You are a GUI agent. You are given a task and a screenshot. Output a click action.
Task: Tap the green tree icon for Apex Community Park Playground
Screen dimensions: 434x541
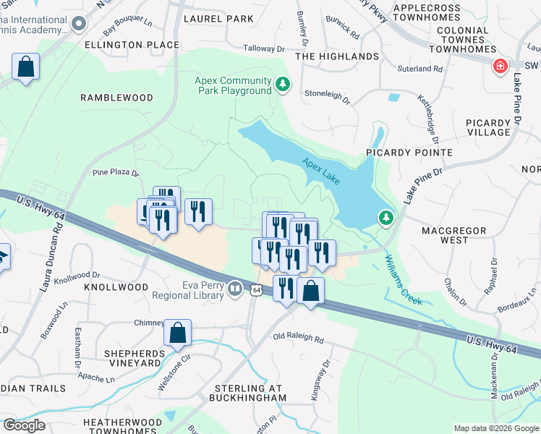(x=283, y=85)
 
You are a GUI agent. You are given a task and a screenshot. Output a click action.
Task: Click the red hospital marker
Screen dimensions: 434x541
(x=499, y=67)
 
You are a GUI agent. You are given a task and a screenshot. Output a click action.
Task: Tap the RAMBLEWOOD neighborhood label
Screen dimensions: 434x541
(x=116, y=98)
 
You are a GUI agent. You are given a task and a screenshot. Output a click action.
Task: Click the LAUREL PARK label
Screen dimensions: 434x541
(x=214, y=18)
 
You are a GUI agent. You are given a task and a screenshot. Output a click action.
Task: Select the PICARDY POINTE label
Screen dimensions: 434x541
(x=409, y=153)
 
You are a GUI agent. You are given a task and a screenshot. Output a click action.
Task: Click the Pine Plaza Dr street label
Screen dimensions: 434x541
(x=115, y=173)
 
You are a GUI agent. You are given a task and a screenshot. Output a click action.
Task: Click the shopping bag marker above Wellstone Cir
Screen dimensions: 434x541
(x=177, y=333)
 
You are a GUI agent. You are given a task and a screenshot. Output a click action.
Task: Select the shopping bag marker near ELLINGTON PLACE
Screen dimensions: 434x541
(x=25, y=67)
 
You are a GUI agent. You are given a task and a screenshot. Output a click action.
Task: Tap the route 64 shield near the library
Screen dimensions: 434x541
(x=257, y=290)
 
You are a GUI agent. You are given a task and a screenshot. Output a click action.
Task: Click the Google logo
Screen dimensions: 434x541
(x=23, y=425)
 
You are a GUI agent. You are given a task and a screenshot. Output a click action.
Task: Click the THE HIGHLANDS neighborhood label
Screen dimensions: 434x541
(x=337, y=56)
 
